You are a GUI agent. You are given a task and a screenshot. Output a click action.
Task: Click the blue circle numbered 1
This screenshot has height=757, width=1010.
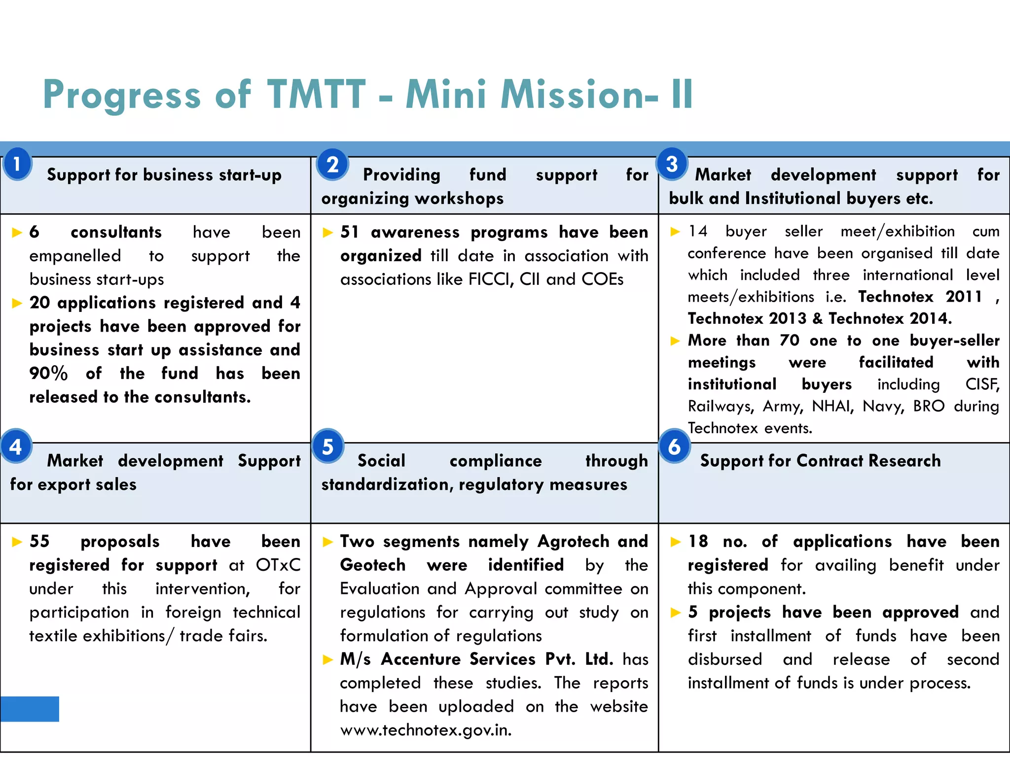tap(17, 164)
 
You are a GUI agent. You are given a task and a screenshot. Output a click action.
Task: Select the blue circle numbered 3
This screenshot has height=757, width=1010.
tap(672, 164)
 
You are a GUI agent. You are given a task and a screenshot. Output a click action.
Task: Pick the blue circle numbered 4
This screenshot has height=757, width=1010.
tap(16, 447)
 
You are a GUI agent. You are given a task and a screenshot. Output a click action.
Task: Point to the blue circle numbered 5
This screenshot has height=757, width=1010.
tap(328, 447)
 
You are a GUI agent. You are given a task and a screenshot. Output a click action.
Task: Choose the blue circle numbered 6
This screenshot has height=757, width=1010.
tap(674, 447)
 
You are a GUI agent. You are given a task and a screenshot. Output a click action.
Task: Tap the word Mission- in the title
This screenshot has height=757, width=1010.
tap(579, 94)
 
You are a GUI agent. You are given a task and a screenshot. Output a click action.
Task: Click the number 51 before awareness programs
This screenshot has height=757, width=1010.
tap(350, 232)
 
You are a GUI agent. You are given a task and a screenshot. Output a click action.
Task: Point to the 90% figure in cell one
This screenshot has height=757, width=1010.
tap(48, 374)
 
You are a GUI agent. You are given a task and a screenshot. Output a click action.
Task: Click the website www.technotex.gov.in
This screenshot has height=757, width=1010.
tap(426, 730)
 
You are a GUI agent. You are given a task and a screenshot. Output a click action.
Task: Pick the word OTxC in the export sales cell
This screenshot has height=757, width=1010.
tap(278, 565)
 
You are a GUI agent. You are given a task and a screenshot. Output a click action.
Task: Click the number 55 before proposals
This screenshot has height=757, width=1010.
tap(39, 542)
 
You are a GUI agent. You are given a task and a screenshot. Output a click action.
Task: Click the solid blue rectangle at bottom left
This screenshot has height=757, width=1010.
tap(30, 709)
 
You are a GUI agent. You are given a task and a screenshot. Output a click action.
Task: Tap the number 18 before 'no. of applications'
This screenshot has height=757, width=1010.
tap(698, 542)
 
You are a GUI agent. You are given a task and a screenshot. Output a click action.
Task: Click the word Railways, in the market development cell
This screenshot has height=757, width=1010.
tap(721, 407)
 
